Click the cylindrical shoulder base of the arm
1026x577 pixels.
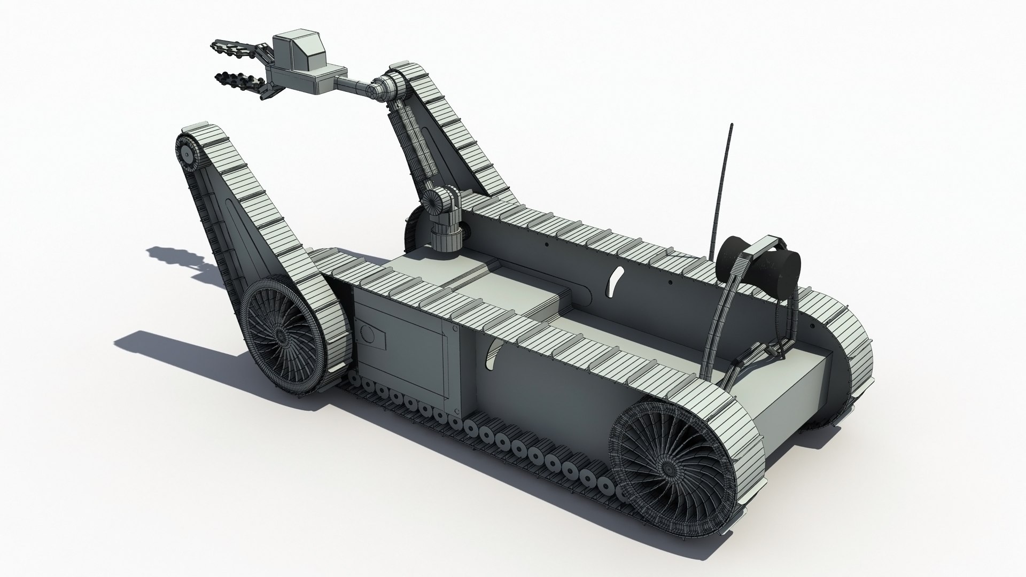point(446,235)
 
